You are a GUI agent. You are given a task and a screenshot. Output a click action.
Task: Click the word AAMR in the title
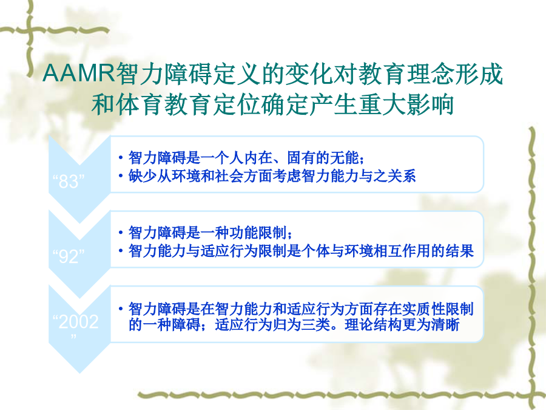pyautogui.click(x=79, y=73)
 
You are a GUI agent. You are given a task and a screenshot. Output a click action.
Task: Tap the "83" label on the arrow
pyautogui.click(x=68, y=181)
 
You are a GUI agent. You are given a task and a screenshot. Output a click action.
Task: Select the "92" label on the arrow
pyautogui.click(x=68, y=256)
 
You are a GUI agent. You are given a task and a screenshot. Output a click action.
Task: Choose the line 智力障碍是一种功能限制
pyautogui.click(x=207, y=233)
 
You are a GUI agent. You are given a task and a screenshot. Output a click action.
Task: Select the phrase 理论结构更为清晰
pyautogui.click(x=402, y=324)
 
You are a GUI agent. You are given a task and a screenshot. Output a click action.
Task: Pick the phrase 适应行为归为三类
pyautogui.click(x=272, y=324)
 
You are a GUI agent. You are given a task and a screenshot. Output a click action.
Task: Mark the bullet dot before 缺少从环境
pyautogui.click(x=121, y=176)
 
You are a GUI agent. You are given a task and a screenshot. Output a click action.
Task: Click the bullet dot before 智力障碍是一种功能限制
pyautogui.click(x=121, y=233)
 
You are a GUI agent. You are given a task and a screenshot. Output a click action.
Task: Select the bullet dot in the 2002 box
pyautogui.click(x=121, y=309)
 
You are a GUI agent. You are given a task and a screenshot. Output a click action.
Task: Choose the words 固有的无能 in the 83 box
pyautogui.click(x=323, y=157)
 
